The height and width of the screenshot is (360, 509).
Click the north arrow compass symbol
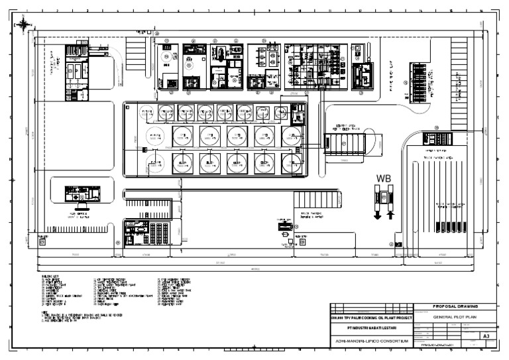(x=24, y=25)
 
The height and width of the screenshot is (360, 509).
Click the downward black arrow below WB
(x=378, y=214)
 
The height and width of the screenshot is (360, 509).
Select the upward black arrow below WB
(x=390, y=214)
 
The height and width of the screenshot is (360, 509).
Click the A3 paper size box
(x=485, y=336)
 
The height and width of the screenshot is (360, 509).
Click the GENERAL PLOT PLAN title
(x=455, y=318)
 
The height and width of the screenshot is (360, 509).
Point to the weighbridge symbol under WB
(x=384, y=196)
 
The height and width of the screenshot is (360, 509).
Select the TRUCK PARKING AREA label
(x=437, y=158)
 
